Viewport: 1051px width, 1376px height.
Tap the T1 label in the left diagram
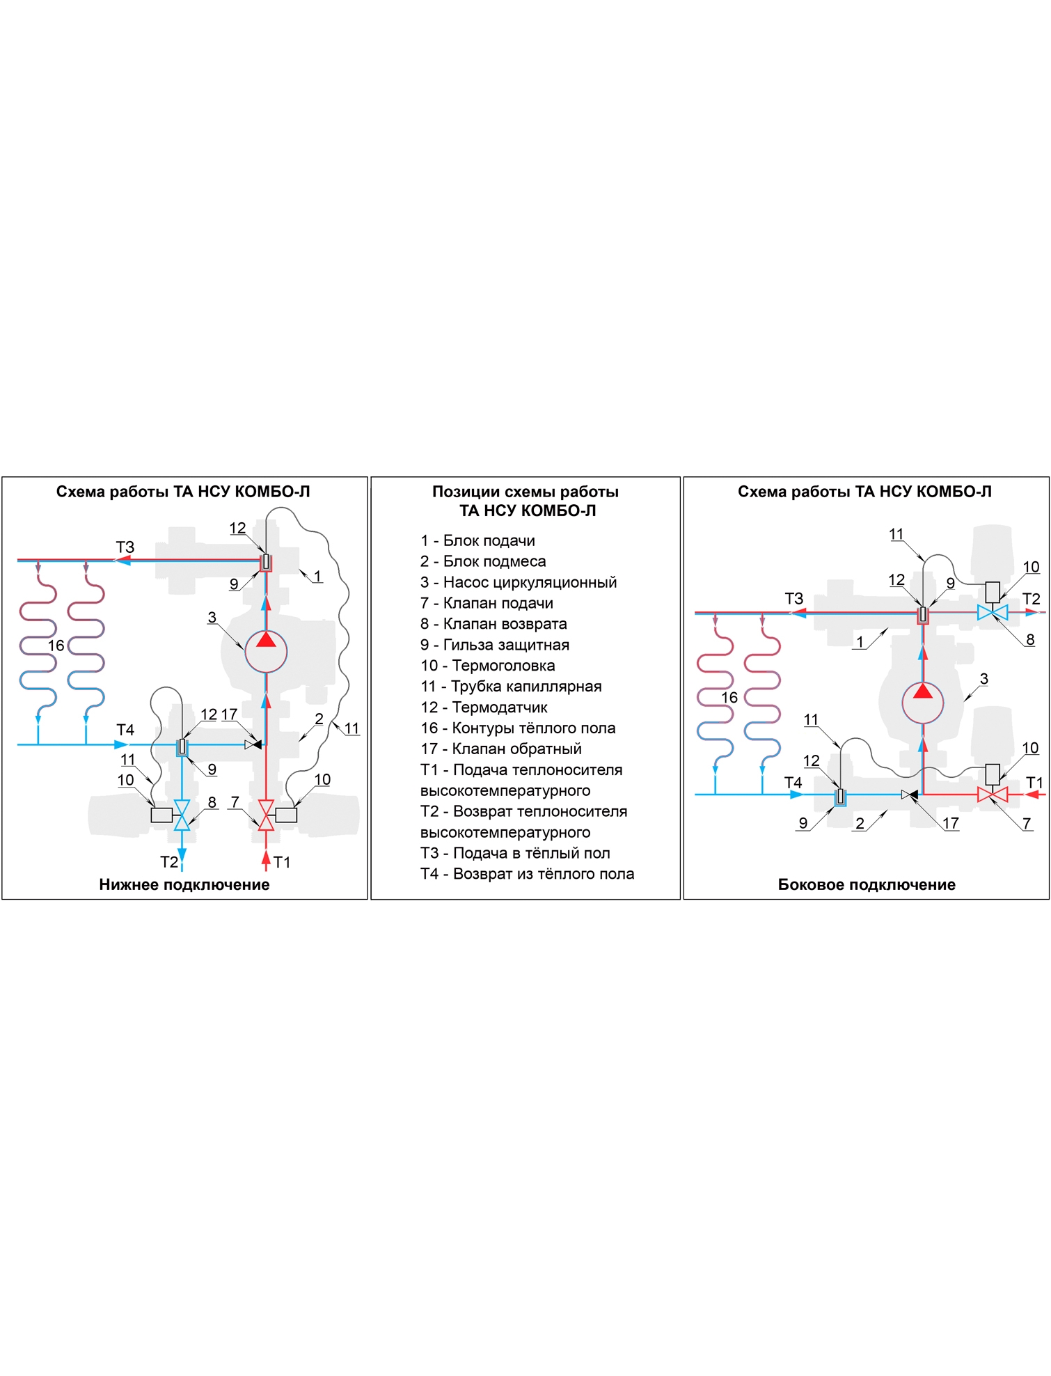click(282, 862)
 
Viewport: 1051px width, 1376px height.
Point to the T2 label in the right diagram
click(1031, 599)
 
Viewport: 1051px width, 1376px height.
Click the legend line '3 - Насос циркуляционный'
click(519, 582)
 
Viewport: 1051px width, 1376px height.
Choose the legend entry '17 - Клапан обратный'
click(501, 749)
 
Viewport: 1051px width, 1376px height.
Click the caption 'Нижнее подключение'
click(184, 884)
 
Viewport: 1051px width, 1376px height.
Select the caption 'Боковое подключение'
click(867, 884)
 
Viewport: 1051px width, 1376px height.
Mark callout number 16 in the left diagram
click(56, 646)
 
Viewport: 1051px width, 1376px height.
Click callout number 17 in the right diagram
click(951, 823)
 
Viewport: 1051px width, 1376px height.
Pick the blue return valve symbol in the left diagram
click(182, 815)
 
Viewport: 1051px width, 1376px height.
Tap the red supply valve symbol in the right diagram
click(993, 795)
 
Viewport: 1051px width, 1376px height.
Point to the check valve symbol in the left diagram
click(253, 744)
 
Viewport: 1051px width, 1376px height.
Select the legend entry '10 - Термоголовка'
click(488, 666)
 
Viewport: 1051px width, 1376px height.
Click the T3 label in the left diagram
click(125, 547)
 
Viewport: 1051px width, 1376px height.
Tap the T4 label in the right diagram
click(793, 783)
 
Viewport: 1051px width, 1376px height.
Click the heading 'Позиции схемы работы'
click(525, 492)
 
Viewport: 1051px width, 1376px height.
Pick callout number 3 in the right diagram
click(983, 678)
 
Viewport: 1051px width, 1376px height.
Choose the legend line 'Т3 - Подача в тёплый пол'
click(515, 853)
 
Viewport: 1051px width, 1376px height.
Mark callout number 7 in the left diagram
click(235, 802)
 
